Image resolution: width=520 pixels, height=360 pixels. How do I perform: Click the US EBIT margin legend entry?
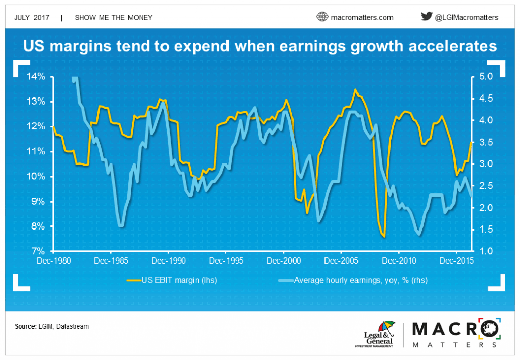[x=172, y=280]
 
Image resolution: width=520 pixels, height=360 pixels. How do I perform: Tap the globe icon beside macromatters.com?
[x=322, y=17]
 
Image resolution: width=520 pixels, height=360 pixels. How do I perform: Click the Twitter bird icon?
[x=427, y=17]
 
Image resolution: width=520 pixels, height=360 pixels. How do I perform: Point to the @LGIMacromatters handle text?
[x=467, y=17]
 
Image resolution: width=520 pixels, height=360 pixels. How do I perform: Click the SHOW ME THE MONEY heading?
[x=113, y=17]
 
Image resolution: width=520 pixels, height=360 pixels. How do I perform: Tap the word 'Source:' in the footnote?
[x=26, y=326]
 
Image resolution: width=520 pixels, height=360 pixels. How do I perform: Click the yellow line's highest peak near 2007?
[x=355, y=90]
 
